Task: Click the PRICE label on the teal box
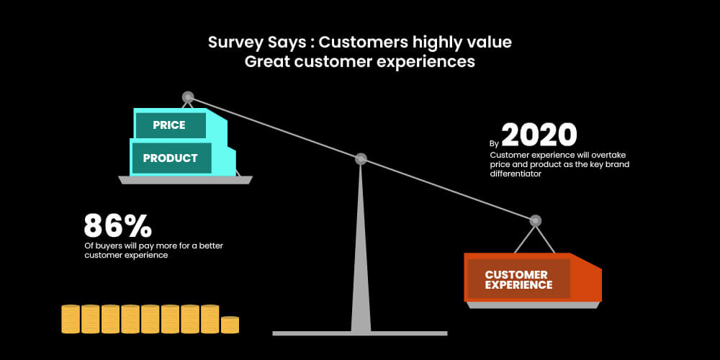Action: coord(169,125)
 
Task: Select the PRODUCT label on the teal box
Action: coord(171,158)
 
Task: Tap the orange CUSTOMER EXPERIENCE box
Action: coord(533,277)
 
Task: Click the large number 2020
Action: coord(539,135)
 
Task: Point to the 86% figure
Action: coord(117,225)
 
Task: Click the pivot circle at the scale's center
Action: coord(361,159)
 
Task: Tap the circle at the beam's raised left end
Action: coord(188,97)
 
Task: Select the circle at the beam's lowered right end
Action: coord(535,221)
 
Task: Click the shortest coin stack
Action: coord(230,325)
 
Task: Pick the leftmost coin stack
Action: coord(71,319)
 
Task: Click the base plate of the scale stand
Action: coord(359,333)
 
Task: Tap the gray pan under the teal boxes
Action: coord(185,180)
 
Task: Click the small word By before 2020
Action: coord(494,143)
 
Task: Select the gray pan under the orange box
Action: coord(533,305)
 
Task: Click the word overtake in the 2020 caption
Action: coord(609,156)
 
